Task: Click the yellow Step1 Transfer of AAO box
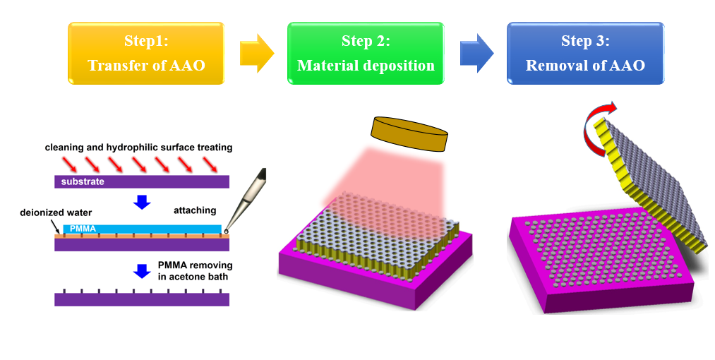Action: click(x=146, y=54)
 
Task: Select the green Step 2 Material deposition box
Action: click(x=366, y=54)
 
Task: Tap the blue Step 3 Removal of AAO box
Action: click(x=586, y=54)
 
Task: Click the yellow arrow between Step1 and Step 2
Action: click(x=257, y=53)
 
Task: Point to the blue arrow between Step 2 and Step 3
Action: click(x=476, y=53)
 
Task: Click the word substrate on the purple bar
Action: click(x=83, y=181)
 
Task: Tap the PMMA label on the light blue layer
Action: click(x=83, y=229)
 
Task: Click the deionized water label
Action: click(x=56, y=212)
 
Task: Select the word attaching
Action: click(x=195, y=210)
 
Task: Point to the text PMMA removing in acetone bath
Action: click(x=196, y=270)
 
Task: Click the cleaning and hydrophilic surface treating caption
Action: click(x=138, y=148)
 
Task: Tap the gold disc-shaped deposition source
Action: click(x=410, y=134)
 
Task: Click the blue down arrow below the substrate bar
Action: click(x=143, y=202)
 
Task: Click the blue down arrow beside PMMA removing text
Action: click(x=143, y=271)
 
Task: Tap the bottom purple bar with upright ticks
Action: click(x=142, y=297)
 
